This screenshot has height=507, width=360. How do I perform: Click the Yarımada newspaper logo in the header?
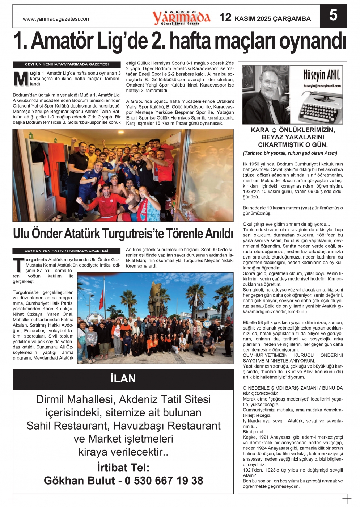[x=181, y=17]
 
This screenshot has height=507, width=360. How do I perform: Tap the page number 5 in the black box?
[x=333, y=16]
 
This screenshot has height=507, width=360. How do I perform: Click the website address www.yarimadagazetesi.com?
[x=57, y=19]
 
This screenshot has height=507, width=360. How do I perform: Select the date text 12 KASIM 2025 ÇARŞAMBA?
[x=265, y=18]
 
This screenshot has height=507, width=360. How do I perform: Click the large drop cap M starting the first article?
[x=21, y=79]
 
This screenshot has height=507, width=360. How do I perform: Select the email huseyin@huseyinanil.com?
[x=322, y=86]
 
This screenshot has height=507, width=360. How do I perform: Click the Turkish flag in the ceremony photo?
[x=101, y=299]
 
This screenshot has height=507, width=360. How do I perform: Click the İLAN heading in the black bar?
[x=123, y=379]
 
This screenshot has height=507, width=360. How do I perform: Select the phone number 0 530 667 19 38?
[x=164, y=481]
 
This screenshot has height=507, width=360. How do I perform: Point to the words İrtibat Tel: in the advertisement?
[x=123, y=467]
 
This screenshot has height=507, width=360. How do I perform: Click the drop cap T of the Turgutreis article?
[x=19, y=265]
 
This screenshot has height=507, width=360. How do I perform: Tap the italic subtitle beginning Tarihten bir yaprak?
[x=290, y=153]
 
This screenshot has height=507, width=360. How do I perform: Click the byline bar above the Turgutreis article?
[x=66, y=251]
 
